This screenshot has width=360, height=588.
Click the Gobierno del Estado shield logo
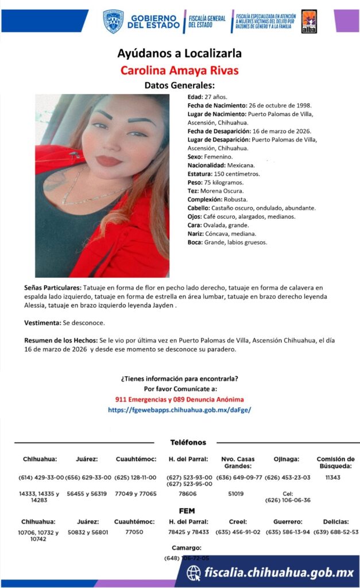tap(113, 21)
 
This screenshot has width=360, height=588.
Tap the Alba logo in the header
tap(309, 21)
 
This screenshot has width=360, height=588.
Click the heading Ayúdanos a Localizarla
tap(179, 53)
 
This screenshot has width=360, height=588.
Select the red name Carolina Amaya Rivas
tap(179, 71)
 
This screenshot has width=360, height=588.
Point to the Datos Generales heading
tap(179, 86)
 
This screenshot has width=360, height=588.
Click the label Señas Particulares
tap(53, 286)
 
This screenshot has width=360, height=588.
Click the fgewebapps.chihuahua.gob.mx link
tap(179, 410)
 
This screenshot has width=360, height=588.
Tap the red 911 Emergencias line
tap(179, 399)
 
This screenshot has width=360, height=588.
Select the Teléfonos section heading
tap(188, 443)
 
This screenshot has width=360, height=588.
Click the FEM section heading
tap(187, 510)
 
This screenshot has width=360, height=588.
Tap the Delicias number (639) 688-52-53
tap(336, 532)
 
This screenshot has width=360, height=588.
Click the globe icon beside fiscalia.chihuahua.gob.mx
tap(194, 572)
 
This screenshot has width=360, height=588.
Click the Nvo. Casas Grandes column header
tap(237, 462)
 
